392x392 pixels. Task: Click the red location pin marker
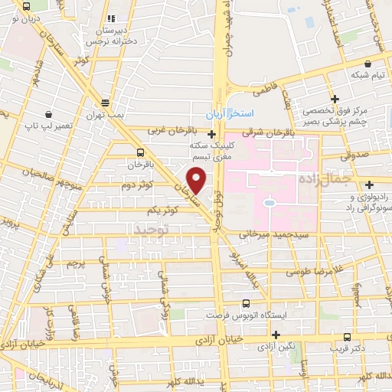tap(198, 180)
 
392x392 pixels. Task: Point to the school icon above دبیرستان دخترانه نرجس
tap(112, 18)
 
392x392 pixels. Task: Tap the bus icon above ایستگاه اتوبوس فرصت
tap(245, 303)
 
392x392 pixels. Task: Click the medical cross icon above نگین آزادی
tap(270, 335)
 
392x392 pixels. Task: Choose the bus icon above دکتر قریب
tap(347, 336)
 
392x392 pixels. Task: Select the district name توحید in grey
tap(149, 229)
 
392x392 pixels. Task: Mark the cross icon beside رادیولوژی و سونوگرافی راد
tap(370, 184)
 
